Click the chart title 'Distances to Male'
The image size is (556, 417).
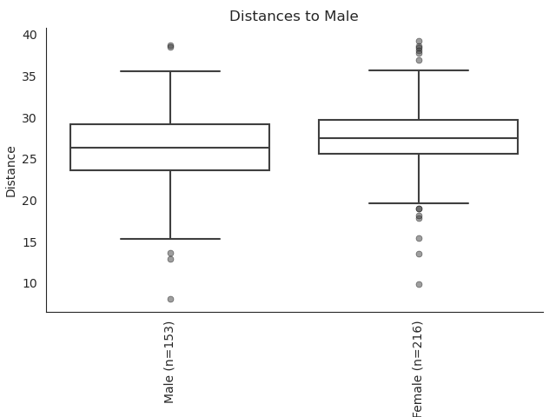(x=294, y=17)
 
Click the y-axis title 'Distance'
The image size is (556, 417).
(x=11, y=171)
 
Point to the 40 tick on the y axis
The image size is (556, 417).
(x=30, y=35)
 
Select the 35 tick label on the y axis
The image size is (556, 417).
(x=30, y=76)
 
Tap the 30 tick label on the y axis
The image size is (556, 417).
(x=30, y=118)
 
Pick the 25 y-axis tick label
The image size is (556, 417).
(x=30, y=159)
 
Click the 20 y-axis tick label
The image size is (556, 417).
(x=30, y=201)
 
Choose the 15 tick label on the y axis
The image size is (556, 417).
(x=30, y=242)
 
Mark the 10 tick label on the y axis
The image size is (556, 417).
(x=30, y=283)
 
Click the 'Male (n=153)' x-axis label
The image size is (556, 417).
(x=169, y=361)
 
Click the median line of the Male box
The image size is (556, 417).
(x=169, y=148)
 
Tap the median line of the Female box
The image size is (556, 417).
(x=418, y=138)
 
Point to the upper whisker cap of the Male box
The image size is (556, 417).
(x=169, y=71)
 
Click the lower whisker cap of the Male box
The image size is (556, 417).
(x=169, y=239)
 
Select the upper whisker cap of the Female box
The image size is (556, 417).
(x=418, y=70)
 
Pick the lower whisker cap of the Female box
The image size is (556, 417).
(x=418, y=203)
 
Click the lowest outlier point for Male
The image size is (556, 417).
(x=170, y=299)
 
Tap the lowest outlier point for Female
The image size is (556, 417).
(x=419, y=284)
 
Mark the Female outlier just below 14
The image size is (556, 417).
(x=419, y=254)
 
